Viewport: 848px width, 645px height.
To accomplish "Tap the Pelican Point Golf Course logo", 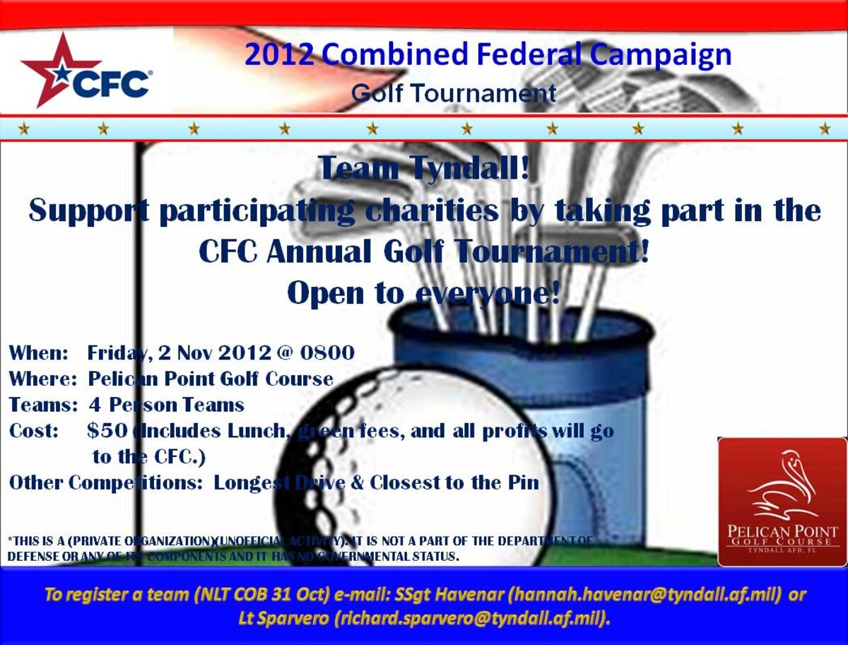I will point(782,502).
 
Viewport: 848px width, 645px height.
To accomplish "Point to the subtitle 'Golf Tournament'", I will point(454,93).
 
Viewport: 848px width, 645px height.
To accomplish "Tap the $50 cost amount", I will point(107,430).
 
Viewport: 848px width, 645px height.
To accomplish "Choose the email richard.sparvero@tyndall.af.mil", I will point(471,619).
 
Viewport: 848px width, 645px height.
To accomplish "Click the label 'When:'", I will point(38,352).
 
